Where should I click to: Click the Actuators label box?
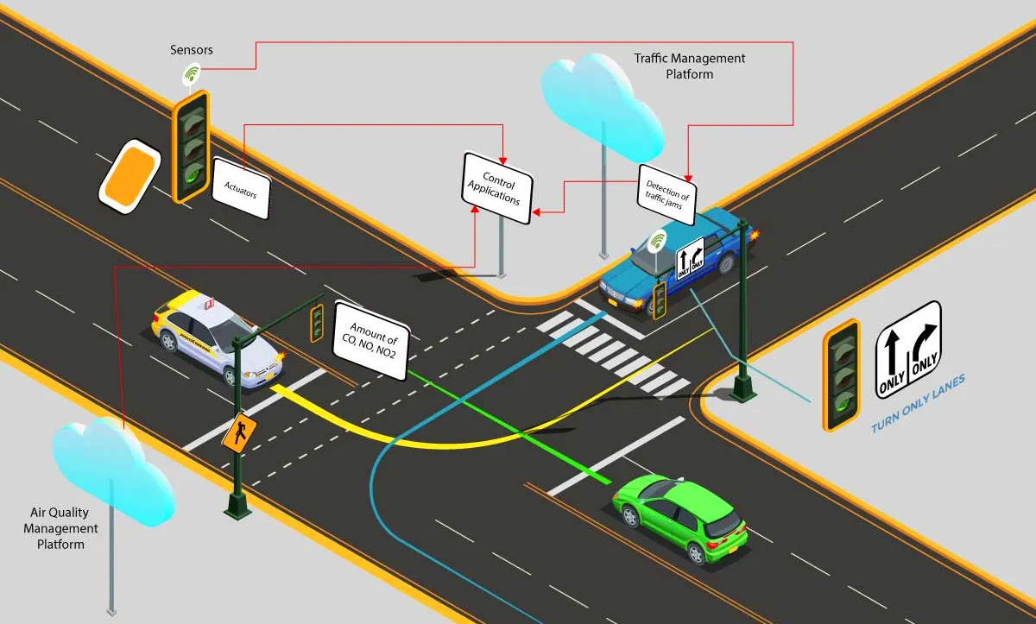(241, 189)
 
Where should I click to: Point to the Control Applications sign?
(497, 188)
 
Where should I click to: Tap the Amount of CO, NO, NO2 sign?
(371, 341)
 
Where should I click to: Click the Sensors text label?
(191, 50)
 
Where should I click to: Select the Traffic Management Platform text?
(690, 66)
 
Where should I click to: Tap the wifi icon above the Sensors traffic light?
(192, 75)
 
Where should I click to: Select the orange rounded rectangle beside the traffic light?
(129, 175)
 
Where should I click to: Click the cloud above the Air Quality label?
(111, 470)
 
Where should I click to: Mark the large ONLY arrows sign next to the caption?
(907, 350)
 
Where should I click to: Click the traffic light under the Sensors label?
(191, 145)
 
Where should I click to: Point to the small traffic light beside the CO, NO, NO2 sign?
(317, 322)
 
